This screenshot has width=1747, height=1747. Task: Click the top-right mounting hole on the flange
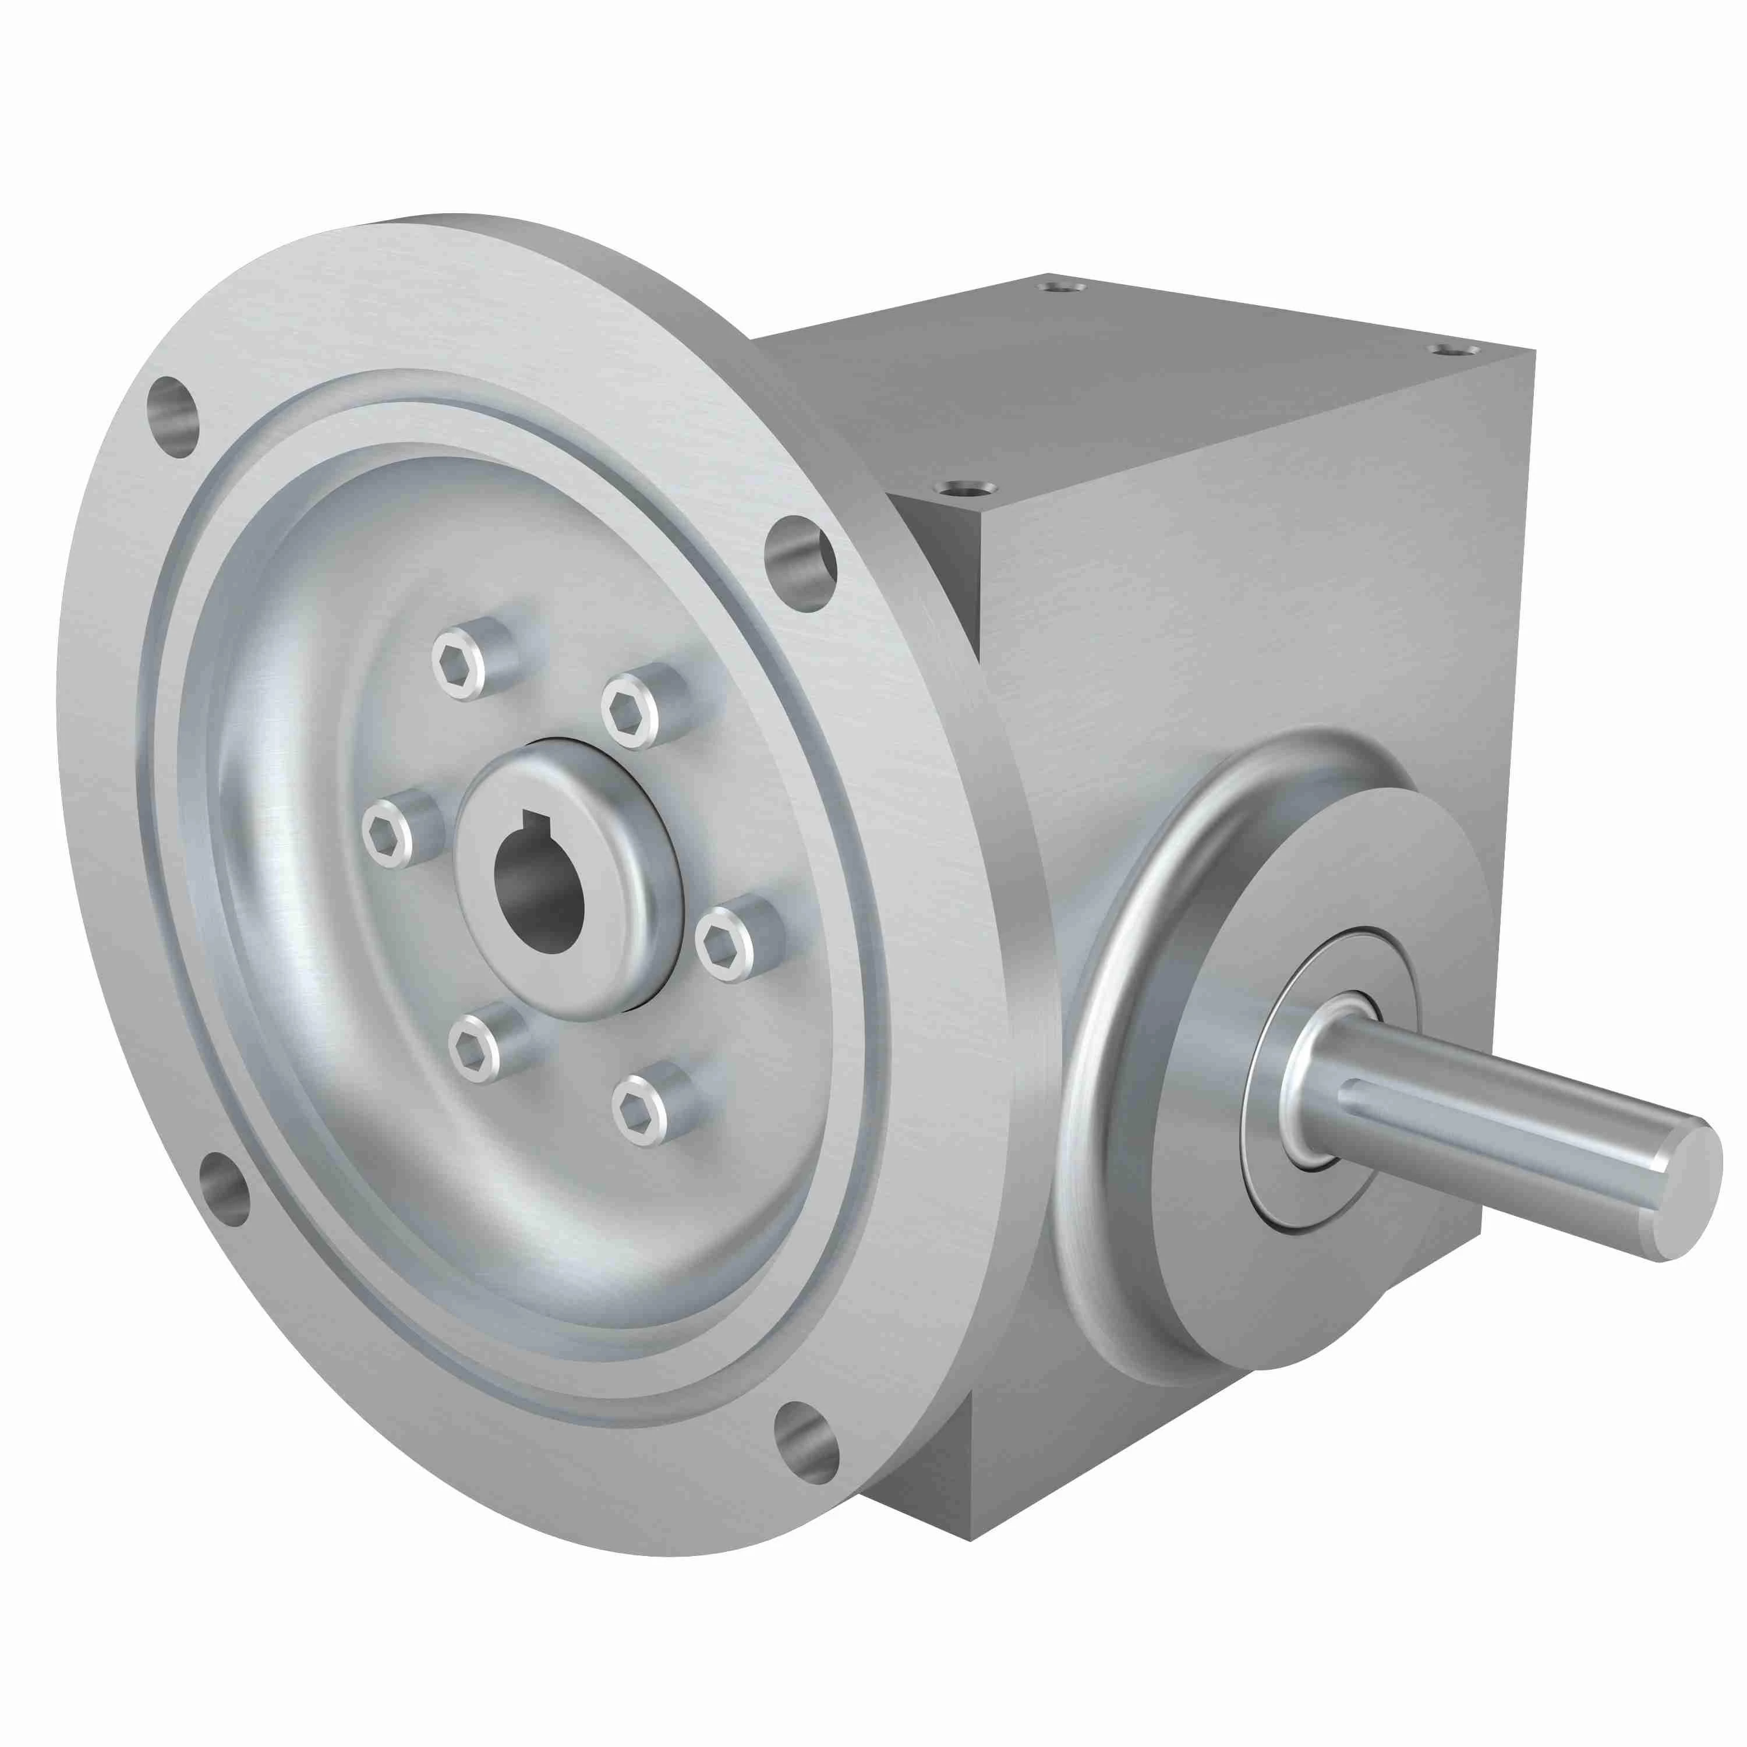pyautogui.click(x=800, y=564)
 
